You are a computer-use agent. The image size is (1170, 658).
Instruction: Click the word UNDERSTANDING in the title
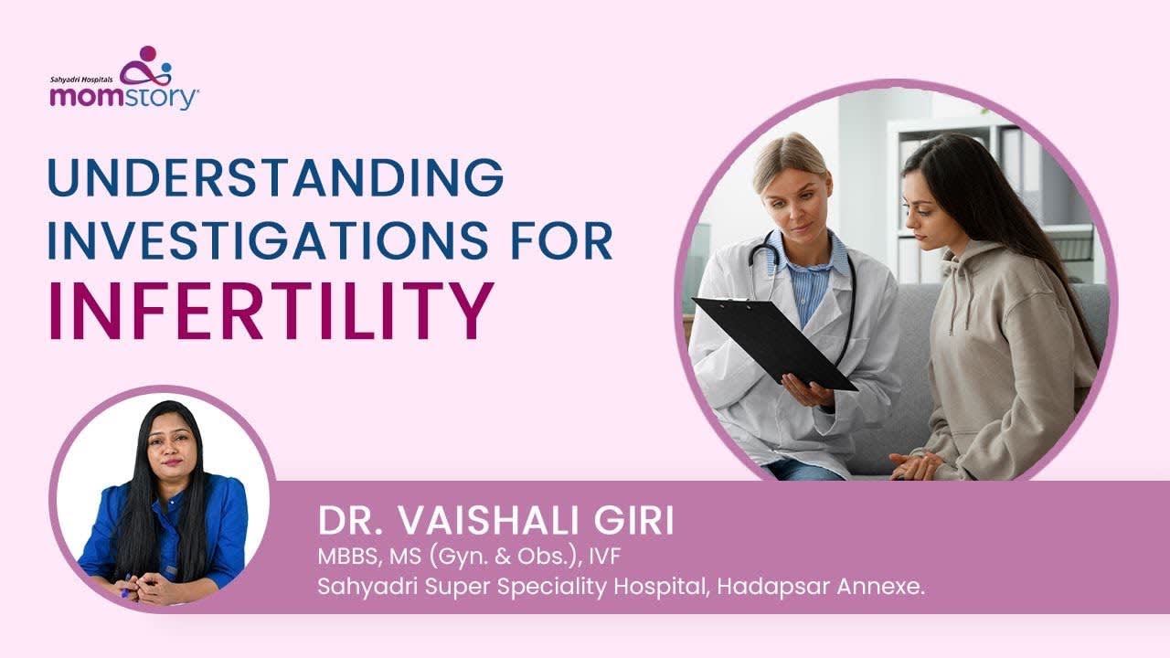click(275, 177)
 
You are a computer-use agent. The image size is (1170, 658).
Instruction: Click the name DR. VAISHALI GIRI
click(495, 522)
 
